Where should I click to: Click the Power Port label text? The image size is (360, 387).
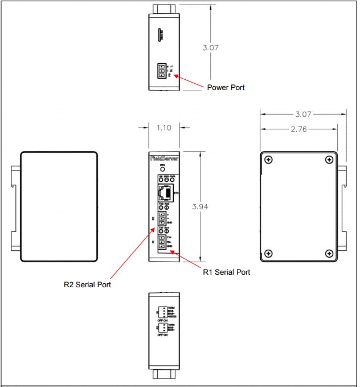[x=226, y=88]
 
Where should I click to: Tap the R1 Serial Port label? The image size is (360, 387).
[x=227, y=272]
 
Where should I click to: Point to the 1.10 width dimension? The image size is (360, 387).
[x=164, y=128]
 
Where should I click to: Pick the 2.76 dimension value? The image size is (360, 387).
[x=300, y=129]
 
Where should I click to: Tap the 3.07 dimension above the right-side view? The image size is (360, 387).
[x=302, y=113]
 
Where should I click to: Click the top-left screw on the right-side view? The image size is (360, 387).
[x=270, y=160]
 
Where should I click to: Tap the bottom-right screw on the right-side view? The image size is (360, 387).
[x=329, y=253]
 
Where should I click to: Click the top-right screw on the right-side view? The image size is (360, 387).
[x=329, y=160]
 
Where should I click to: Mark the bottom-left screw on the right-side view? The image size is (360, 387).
[x=270, y=253]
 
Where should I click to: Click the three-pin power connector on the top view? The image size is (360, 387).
[x=162, y=71]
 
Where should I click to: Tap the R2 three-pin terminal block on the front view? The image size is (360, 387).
[x=162, y=219]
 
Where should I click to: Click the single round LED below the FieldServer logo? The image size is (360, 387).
[x=162, y=170]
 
